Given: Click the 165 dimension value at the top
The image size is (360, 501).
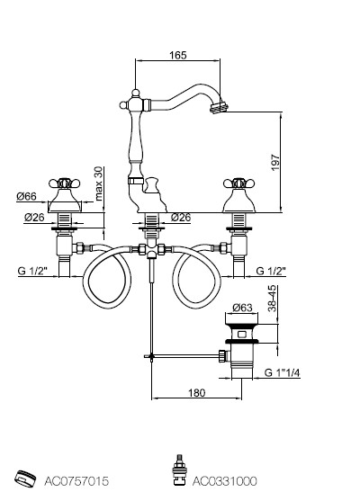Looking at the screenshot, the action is [x=178, y=55].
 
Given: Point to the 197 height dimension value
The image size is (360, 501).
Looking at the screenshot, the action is [x=275, y=162].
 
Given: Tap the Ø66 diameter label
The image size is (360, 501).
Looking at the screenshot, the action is [x=26, y=196].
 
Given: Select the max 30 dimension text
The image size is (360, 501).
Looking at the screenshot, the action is [x=99, y=183].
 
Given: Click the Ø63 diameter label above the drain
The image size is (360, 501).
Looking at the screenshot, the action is [x=242, y=308].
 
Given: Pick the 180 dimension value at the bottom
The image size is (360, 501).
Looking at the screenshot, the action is [x=196, y=392].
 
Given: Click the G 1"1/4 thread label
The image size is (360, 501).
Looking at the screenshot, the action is [x=283, y=372].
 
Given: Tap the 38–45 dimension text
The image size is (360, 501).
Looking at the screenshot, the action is [x=272, y=298].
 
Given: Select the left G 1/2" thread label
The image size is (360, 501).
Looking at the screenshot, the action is [x=32, y=271].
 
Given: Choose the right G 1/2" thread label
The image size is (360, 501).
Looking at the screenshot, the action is [x=271, y=271].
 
